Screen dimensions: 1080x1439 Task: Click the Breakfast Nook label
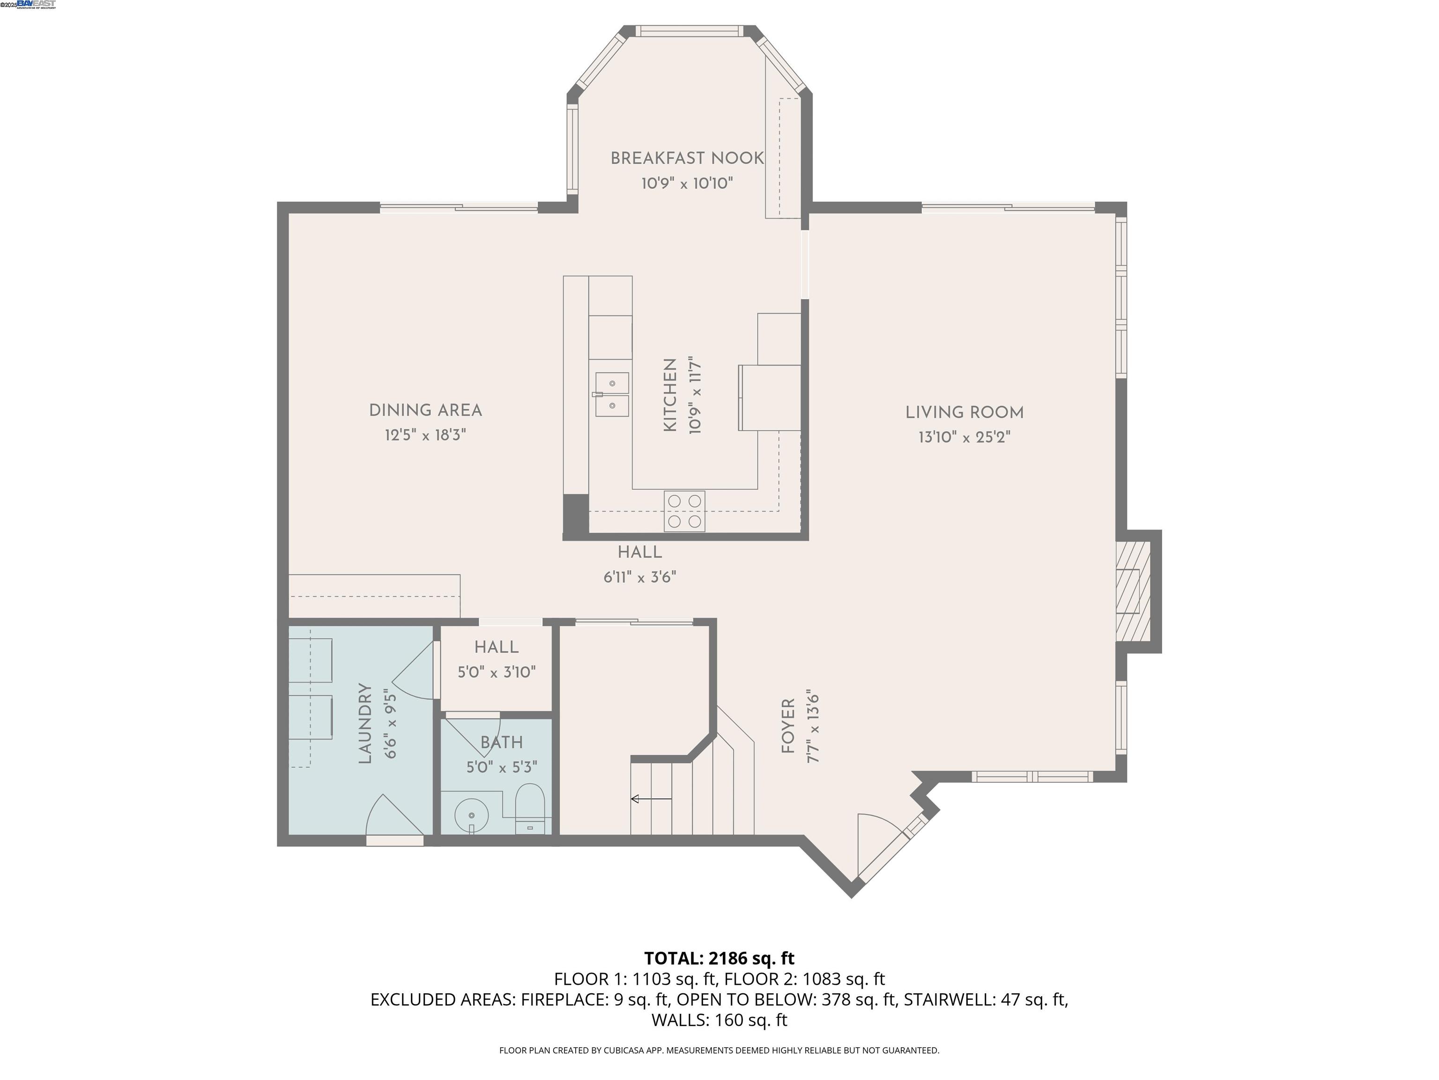(686, 158)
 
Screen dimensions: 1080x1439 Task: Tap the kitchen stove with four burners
(684, 511)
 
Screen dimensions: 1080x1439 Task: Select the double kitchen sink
(611, 395)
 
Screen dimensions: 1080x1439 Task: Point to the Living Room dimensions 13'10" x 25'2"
(964, 437)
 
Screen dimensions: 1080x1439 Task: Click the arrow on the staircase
(651, 799)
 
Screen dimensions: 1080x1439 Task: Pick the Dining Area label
(425, 411)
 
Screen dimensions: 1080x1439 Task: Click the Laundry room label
(365, 723)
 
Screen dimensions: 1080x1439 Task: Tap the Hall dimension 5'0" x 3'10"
(497, 672)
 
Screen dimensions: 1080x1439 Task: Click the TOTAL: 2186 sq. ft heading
(719, 958)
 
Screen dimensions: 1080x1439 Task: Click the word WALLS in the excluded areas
(680, 1020)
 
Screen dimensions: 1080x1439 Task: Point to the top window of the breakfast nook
(688, 30)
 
